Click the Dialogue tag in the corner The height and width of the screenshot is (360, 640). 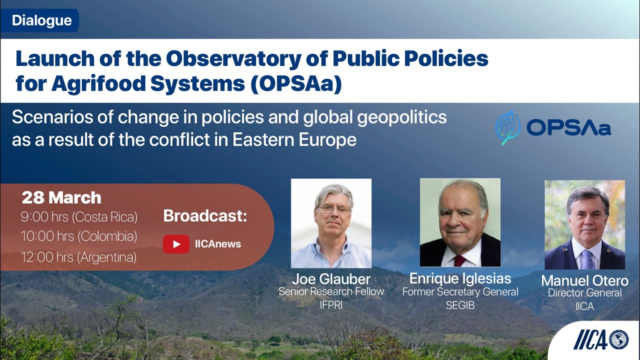tap(42, 21)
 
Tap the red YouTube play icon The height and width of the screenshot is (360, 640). tap(176, 244)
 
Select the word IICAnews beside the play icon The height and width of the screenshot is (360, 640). tap(218, 244)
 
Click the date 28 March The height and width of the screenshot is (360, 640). tap(61, 198)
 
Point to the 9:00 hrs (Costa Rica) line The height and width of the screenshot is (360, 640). tap(79, 217)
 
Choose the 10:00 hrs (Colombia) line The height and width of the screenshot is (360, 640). tap(79, 236)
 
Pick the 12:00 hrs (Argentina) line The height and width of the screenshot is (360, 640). tap(79, 257)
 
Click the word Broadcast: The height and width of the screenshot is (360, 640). tap(205, 216)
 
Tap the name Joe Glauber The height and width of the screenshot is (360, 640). tap(331, 279)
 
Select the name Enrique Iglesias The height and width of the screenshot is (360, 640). tap(460, 278)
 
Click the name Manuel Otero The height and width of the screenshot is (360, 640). tap(584, 280)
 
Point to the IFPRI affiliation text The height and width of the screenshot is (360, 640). tap(331, 305)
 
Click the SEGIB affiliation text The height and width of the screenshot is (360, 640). tap(460, 304)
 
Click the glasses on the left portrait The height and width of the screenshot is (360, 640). tap(333, 209)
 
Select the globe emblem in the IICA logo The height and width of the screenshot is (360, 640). tap(619, 339)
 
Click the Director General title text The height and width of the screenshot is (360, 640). tap(584, 293)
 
